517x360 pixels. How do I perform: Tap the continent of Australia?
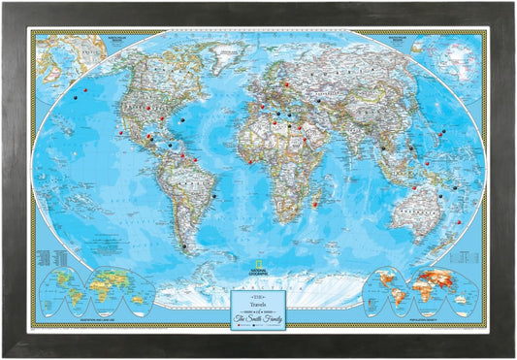point(420,207)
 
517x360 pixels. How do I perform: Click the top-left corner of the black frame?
point(5,5)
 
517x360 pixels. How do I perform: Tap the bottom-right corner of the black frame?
point(512,355)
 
